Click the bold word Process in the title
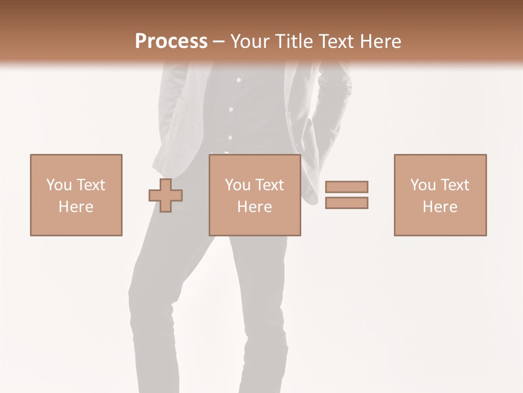pos(171,41)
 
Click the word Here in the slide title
pos(381,41)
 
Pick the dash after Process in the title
pos(218,42)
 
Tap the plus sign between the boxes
pos(166,195)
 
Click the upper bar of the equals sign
pos(346,187)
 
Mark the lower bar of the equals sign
pos(346,203)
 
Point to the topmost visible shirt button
pos(239,80)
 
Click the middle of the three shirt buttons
pos(231,109)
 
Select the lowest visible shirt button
pos(230,138)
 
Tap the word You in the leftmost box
pos(59,185)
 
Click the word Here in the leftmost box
pos(76,207)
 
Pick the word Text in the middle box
pos(270,185)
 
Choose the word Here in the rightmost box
pos(440,207)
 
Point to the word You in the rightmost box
pos(423,185)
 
